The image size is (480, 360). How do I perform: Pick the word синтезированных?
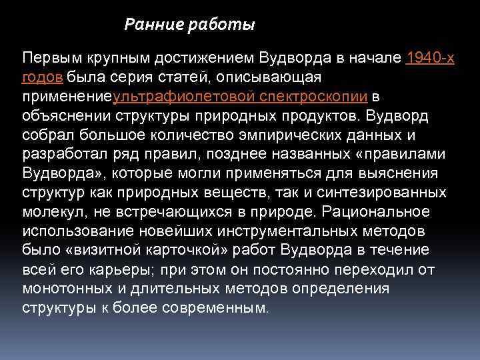pos(391,193)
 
